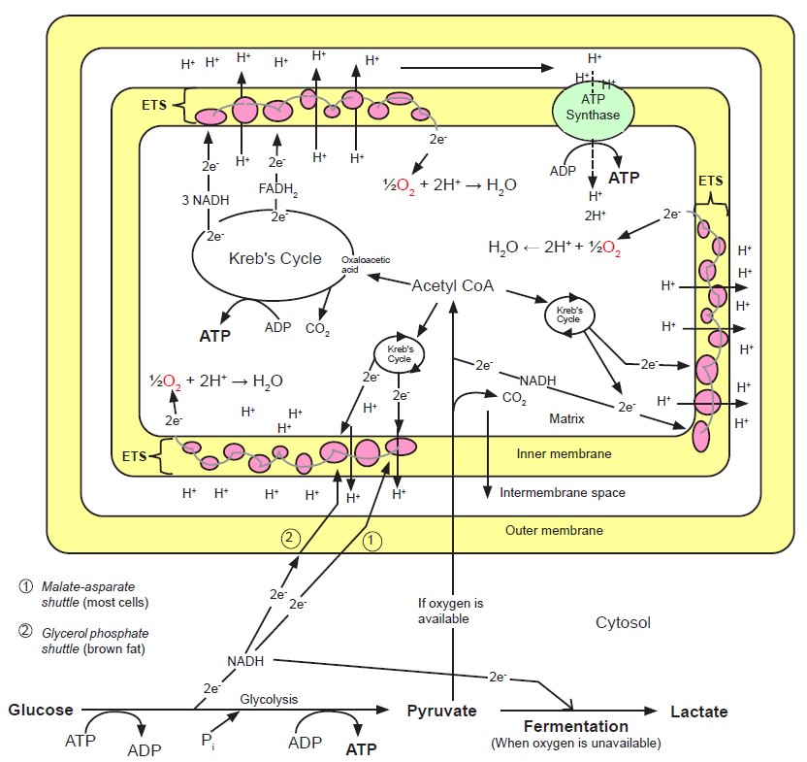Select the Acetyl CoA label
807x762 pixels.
[453, 285]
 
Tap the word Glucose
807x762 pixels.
[41, 710]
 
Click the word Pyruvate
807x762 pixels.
[441, 711]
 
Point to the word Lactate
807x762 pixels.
[698, 711]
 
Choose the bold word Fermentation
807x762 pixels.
[576, 726]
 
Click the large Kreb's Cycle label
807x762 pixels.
[274, 258]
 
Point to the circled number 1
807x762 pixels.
[374, 542]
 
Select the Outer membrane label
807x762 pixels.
[554, 530]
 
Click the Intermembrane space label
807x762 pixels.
[563, 492]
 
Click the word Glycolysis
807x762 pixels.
[268, 699]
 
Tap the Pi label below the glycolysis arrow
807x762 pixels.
[208, 741]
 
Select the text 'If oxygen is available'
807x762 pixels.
[443, 611]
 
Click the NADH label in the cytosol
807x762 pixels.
[246, 661]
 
